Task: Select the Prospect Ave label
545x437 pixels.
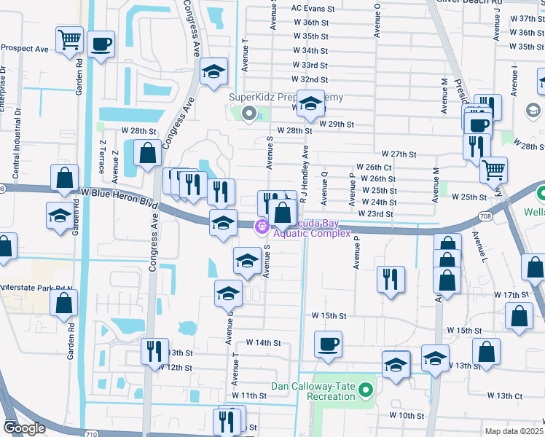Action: point(24,49)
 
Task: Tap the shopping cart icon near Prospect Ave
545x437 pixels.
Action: point(69,39)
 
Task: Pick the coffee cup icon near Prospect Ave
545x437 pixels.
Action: point(101,43)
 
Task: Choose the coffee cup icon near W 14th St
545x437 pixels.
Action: point(328,342)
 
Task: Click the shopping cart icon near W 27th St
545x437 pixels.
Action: point(494,170)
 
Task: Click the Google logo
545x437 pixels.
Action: point(24,428)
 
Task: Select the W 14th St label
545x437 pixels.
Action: point(263,342)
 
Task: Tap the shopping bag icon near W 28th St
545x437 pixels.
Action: point(147,153)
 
